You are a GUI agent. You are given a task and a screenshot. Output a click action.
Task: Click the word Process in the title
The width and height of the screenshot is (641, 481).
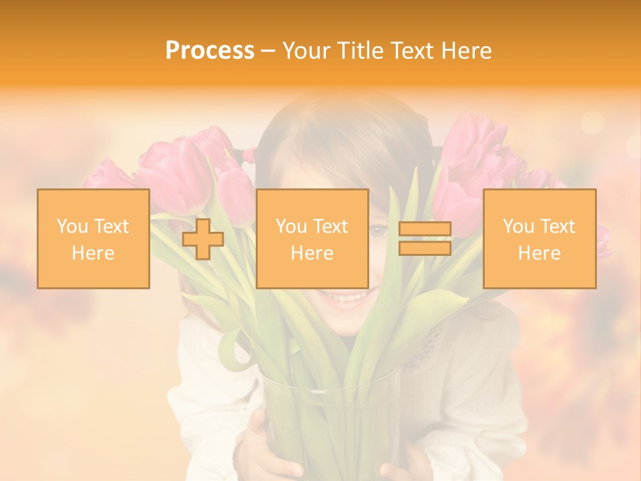point(210,51)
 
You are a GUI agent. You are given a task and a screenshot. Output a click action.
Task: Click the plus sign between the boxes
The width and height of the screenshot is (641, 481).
point(203,239)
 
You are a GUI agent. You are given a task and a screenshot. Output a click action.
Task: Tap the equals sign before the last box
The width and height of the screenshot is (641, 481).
point(425,238)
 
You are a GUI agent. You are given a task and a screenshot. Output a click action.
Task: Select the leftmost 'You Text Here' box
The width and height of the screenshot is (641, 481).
point(93,238)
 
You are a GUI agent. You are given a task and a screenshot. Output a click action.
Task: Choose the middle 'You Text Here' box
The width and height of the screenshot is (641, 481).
point(312,238)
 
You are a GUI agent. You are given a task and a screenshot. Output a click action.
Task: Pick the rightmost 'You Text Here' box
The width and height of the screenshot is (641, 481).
point(540,238)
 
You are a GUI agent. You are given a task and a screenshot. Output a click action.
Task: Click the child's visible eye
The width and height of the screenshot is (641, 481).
point(379,231)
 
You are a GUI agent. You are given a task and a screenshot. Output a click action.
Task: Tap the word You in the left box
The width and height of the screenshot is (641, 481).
point(72,226)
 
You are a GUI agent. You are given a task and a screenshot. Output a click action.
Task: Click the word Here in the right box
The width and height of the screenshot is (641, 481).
point(540,253)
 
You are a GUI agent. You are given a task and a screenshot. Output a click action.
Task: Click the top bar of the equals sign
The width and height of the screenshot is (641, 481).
point(425,229)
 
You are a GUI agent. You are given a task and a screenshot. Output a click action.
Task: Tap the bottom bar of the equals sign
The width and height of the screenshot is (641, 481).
point(425,248)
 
